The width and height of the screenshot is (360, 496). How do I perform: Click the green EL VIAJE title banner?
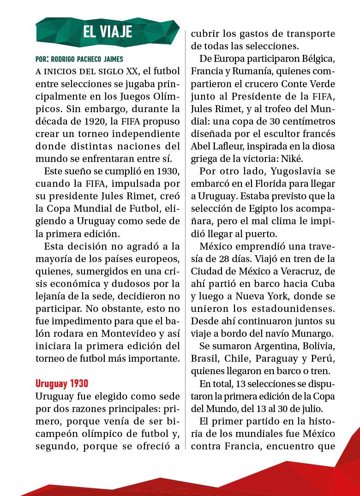coord(107,31)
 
